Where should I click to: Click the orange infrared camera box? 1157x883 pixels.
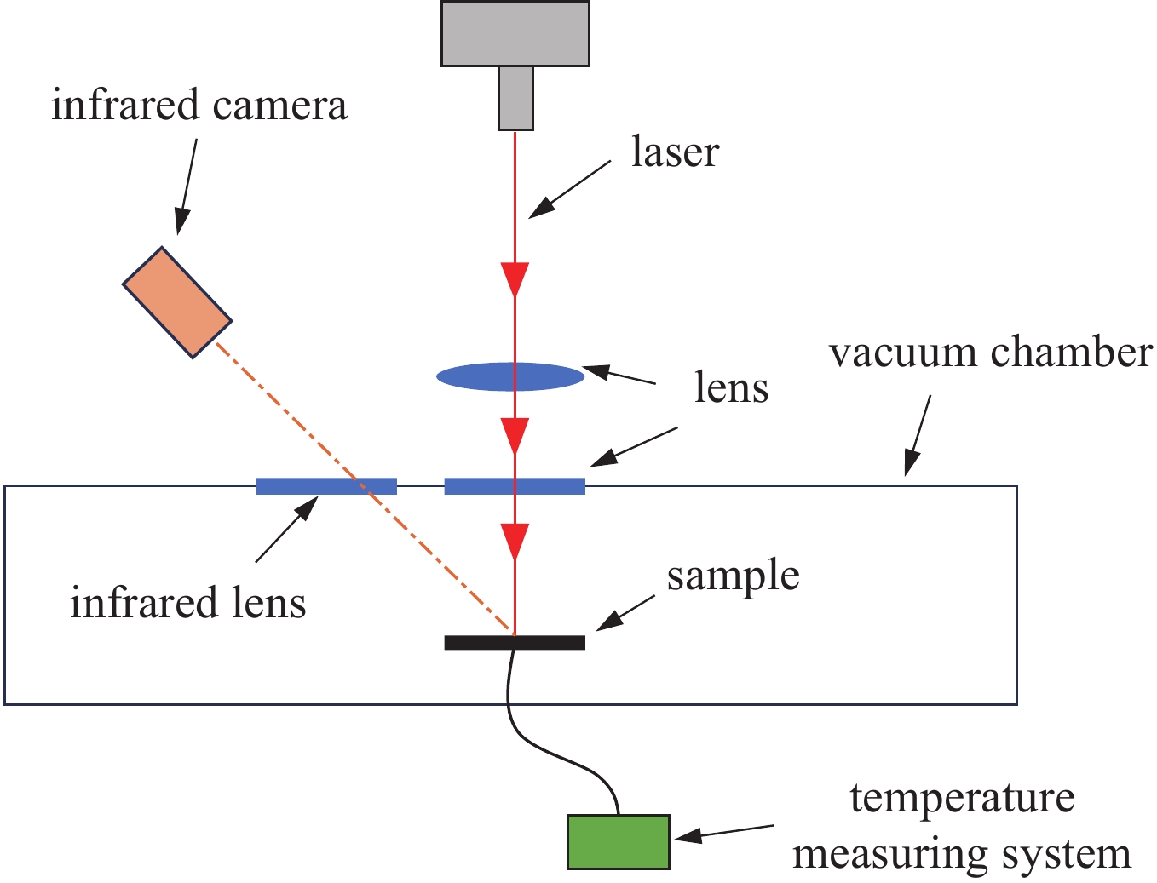177,302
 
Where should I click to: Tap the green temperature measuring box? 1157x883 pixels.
619,842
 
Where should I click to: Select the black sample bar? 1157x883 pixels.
515,642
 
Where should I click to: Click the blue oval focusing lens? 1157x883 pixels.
510,376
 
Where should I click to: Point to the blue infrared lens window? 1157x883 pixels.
326,486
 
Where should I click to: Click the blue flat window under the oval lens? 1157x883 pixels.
515,486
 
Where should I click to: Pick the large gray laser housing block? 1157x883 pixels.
515,33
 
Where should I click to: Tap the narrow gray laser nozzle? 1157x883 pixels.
515,98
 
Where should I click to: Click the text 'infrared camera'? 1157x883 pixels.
199,106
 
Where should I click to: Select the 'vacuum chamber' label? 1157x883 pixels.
991,353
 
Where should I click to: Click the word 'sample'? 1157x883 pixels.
733,576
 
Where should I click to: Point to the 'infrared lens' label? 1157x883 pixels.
187,603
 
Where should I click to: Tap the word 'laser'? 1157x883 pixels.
675,153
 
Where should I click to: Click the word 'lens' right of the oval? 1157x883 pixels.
731,388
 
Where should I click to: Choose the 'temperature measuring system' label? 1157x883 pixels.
962,826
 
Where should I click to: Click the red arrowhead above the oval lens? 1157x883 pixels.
515,278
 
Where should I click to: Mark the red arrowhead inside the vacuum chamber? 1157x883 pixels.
515,540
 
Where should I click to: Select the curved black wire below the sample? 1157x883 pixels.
545,748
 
